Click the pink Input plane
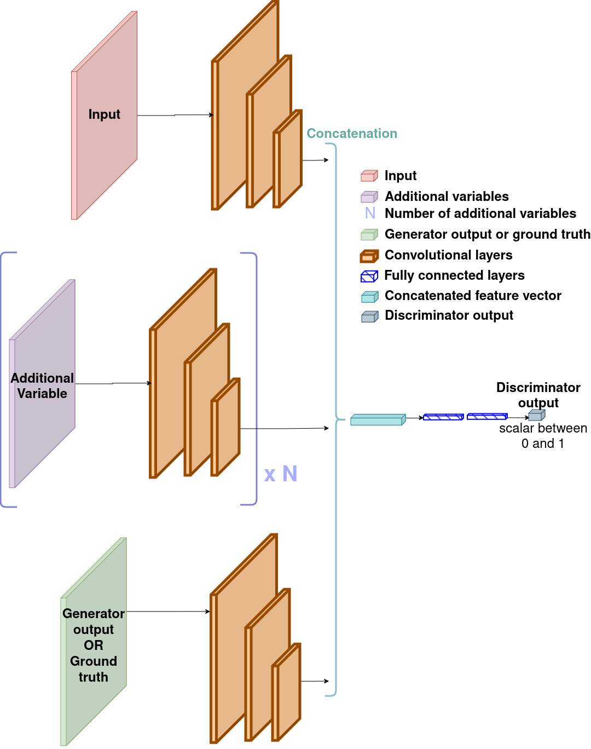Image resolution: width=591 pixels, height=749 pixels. pyautogui.click(x=105, y=115)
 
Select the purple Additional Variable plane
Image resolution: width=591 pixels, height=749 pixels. pyautogui.click(x=42, y=384)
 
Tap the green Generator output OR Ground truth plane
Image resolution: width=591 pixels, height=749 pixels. pyautogui.click(x=94, y=642)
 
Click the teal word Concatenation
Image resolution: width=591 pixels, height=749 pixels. pyautogui.click(x=352, y=133)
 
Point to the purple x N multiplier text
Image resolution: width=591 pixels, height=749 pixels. pyautogui.click(x=280, y=474)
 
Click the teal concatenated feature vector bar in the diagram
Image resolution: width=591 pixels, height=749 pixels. pyautogui.click(x=378, y=419)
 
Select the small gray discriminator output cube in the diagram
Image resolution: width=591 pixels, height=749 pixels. pyautogui.click(x=537, y=415)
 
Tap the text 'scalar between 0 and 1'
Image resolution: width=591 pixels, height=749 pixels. pyautogui.click(x=543, y=436)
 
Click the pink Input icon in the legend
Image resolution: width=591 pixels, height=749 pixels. pyautogui.click(x=369, y=176)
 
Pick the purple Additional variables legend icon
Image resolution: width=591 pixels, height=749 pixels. pyautogui.click(x=369, y=197)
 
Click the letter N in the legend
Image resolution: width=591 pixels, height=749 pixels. pyautogui.click(x=370, y=213)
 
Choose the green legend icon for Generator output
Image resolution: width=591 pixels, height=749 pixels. pyautogui.click(x=369, y=234)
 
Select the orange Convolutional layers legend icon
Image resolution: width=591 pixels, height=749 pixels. pyautogui.click(x=369, y=256)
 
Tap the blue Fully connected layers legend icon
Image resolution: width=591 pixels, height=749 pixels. pyautogui.click(x=369, y=276)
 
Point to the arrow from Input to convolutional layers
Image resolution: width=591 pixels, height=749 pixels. pyautogui.click(x=175, y=115)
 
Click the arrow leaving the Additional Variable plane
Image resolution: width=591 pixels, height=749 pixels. pyautogui.click(x=113, y=383)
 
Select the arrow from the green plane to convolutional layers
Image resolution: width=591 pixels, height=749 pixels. pyautogui.click(x=169, y=611)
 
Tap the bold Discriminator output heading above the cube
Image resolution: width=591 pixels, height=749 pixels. pyautogui.click(x=538, y=395)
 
